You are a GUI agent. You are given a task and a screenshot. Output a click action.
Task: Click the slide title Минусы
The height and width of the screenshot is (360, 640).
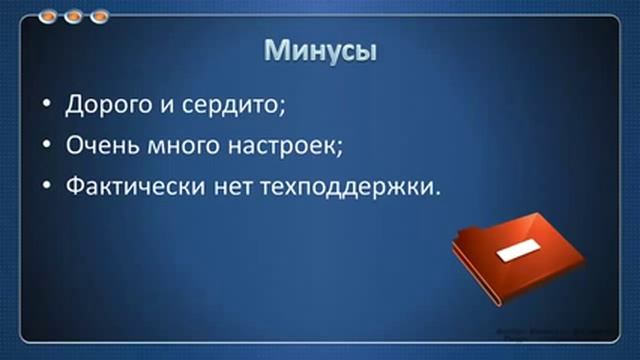(320, 52)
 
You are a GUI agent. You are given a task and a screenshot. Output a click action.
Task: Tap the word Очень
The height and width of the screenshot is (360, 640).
(99, 145)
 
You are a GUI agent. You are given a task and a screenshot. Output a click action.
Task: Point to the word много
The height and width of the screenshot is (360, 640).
(176, 145)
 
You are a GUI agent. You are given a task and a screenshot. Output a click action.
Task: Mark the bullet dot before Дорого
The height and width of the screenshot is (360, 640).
(47, 104)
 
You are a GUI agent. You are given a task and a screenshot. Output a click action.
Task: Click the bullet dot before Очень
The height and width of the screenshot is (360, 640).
(47, 145)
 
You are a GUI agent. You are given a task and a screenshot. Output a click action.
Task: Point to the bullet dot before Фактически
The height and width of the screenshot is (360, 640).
(47, 187)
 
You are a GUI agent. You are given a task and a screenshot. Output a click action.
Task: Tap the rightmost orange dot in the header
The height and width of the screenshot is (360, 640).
(98, 17)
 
